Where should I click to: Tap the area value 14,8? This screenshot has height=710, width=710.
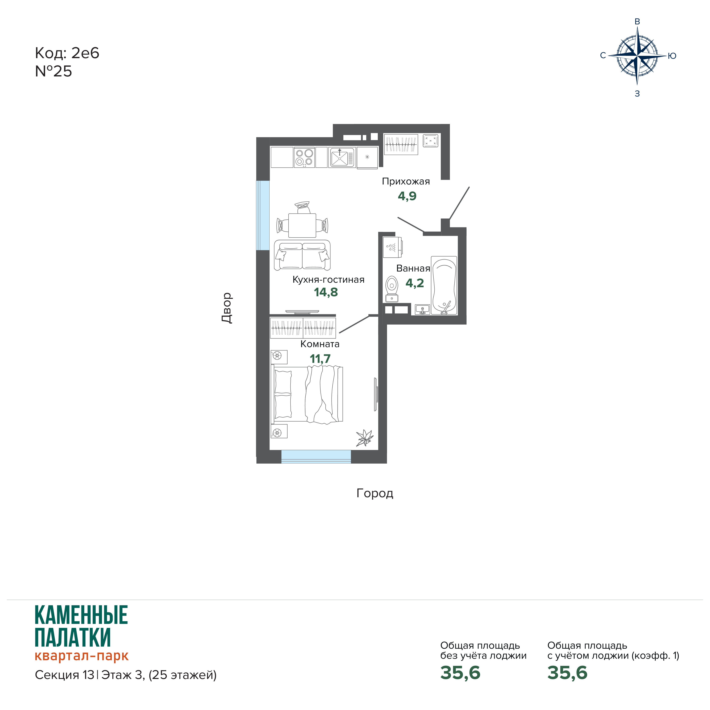point(326,292)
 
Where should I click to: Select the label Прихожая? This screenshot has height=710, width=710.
point(406,181)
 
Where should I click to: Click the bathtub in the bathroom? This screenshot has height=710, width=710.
point(444,285)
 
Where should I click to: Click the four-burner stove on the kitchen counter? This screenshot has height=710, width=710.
point(304,157)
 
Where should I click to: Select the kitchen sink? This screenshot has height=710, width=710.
point(342,157)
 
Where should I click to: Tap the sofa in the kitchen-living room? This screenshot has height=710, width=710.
point(302,255)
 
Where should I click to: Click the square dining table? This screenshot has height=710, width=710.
point(302,225)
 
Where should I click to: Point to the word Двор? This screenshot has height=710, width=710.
point(227,308)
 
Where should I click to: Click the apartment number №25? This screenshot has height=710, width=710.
point(54,71)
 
